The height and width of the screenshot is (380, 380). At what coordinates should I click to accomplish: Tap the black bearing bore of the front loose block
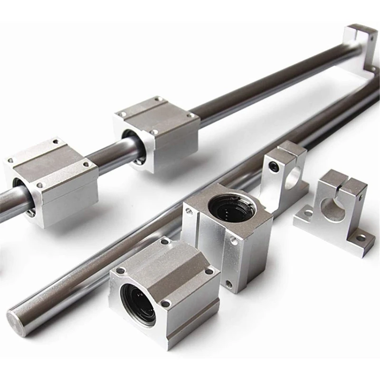point(138,304)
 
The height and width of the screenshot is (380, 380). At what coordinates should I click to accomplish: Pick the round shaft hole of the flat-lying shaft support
point(332,209)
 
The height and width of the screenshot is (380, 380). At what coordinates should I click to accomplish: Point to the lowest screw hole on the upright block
point(229,284)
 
